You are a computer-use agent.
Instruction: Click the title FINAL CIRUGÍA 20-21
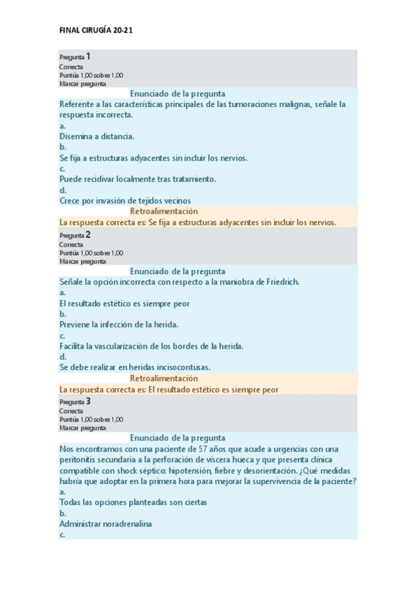(x=100, y=31)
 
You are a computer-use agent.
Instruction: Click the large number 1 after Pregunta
(x=88, y=56)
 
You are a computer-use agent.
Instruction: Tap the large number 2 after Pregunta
(x=88, y=234)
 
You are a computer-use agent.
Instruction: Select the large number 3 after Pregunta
(x=88, y=401)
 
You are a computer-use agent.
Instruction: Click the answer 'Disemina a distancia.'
(x=97, y=136)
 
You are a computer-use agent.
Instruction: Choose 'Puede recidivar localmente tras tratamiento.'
(x=138, y=179)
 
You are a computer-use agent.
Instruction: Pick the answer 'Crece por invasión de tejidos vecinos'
(x=125, y=200)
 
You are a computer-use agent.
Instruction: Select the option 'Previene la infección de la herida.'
(x=119, y=324)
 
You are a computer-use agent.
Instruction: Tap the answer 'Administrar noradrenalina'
(x=106, y=523)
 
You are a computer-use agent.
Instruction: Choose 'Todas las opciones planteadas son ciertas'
(x=133, y=502)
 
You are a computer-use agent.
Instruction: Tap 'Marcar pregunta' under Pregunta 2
(x=83, y=262)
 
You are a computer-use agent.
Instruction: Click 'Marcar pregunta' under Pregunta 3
(x=83, y=428)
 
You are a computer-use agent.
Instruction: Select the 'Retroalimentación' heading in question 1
(x=164, y=211)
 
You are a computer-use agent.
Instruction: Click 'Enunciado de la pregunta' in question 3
(x=177, y=438)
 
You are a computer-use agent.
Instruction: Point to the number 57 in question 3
(x=194, y=449)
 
